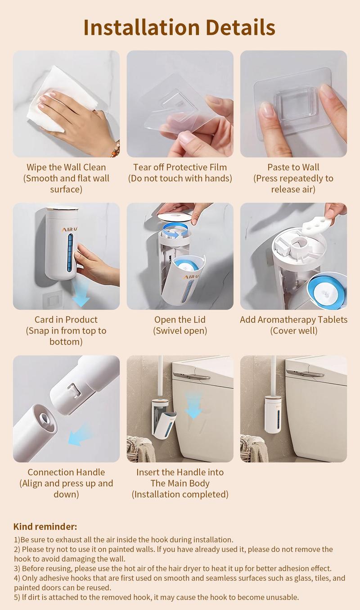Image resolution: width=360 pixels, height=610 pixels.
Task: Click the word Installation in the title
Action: [141, 27]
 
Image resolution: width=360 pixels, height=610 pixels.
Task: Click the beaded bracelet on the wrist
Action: [116, 149]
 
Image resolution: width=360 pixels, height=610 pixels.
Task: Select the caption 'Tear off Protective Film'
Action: [180, 167]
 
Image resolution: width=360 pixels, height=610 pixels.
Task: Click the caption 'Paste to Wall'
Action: [293, 167]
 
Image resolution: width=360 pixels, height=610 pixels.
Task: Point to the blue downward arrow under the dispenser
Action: [81, 293]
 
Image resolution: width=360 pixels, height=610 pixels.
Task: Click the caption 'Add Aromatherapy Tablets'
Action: [293, 320]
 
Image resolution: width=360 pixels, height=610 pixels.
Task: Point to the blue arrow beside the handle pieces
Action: [80, 434]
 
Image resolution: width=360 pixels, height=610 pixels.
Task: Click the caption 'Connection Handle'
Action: [66, 472]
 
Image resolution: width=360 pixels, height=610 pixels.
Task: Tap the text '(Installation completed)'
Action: [180, 494]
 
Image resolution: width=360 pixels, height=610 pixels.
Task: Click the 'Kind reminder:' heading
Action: [45, 526]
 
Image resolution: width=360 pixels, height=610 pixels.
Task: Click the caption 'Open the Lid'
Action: [180, 320]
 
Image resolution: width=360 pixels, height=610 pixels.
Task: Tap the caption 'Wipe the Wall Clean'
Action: [66, 167]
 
